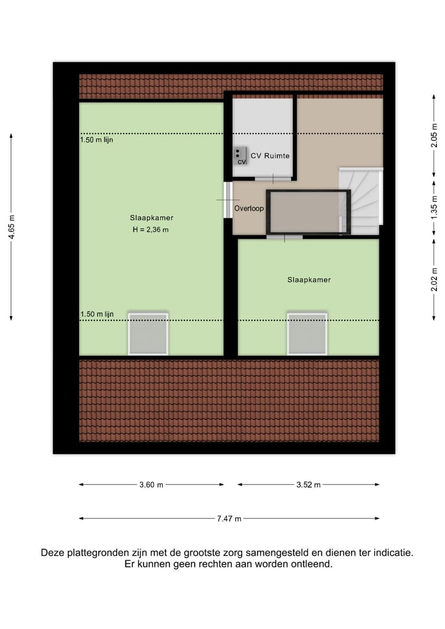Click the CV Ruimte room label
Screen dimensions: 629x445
270,156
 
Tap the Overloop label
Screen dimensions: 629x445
248,208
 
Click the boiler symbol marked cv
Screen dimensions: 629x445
240,156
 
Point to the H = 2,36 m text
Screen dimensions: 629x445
150,229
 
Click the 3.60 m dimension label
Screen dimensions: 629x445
151,485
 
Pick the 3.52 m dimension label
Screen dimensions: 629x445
308,485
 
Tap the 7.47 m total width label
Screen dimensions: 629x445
229,519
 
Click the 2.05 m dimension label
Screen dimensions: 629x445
434,134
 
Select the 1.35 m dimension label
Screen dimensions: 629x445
434,207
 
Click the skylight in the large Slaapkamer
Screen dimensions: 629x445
148,334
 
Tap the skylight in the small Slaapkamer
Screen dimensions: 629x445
307,334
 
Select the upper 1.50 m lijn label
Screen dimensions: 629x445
96,140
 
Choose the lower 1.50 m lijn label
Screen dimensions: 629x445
97,314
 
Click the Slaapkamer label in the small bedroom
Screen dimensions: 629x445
308,280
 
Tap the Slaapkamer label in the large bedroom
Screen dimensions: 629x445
151,218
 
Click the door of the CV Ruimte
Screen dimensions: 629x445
273,179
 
